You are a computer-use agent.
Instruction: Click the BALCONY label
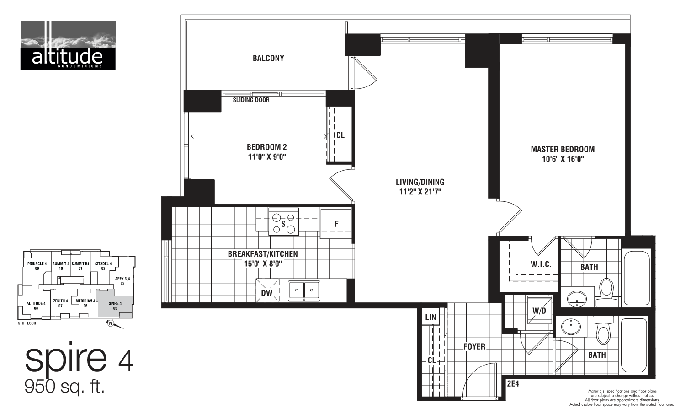click(268, 58)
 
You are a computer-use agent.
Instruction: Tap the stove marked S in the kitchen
click(283, 222)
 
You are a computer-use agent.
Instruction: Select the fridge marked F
click(336, 224)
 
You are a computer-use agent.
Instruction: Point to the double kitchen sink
click(304, 290)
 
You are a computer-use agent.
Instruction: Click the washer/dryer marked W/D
click(539, 310)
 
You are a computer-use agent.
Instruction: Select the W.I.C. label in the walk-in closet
click(541, 264)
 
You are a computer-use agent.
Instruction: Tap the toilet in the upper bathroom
click(606, 293)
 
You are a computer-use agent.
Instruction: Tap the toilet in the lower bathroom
click(603, 332)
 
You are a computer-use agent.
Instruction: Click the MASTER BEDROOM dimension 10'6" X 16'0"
click(563, 159)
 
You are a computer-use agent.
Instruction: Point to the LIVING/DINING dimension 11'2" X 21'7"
click(420, 192)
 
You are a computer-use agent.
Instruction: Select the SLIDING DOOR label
click(251, 100)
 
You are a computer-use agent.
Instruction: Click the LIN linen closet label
click(430, 317)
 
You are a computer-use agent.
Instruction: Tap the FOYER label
click(474, 346)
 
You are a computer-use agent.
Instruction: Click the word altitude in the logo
click(67, 57)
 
